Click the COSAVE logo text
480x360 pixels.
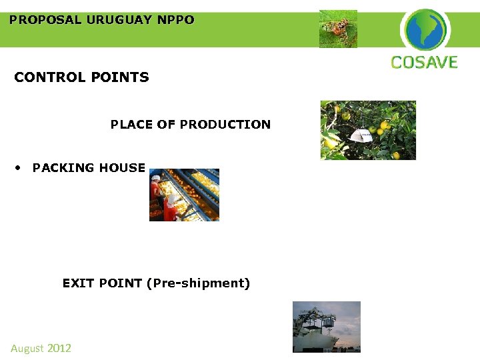coord(424,63)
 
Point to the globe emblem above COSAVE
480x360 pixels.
coord(425,29)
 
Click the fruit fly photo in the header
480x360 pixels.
coord(338,29)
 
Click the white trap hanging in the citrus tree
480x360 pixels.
coord(361,136)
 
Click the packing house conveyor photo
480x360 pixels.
coord(184,195)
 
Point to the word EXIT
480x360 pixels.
coord(79,283)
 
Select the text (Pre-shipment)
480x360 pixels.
coord(201,283)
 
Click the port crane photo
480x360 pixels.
coord(327,327)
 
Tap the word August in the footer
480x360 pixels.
coord(27,348)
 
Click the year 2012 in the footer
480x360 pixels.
coord(59,348)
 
